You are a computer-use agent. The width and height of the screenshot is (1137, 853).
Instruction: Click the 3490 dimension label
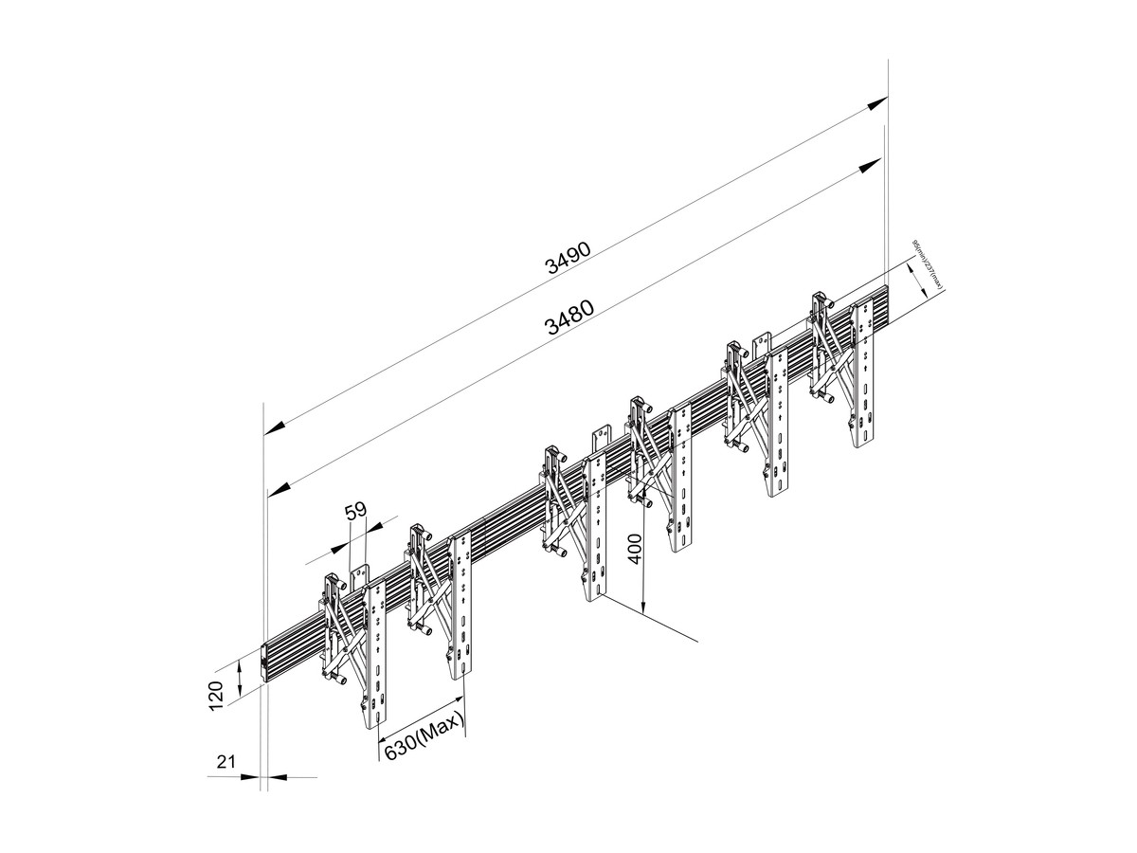click(568, 258)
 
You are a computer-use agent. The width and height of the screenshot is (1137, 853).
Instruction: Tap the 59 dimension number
click(355, 513)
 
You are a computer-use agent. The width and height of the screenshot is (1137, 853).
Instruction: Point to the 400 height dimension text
click(637, 548)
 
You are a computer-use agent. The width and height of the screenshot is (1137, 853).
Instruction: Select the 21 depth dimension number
click(225, 761)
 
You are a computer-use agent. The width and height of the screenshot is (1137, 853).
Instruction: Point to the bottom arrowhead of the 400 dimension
click(644, 607)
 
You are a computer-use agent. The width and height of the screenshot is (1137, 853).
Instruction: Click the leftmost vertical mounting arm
click(376, 654)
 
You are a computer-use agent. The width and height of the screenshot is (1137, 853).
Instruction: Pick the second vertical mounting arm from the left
click(460, 607)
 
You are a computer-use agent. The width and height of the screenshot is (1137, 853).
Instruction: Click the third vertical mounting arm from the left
click(594, 526)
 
